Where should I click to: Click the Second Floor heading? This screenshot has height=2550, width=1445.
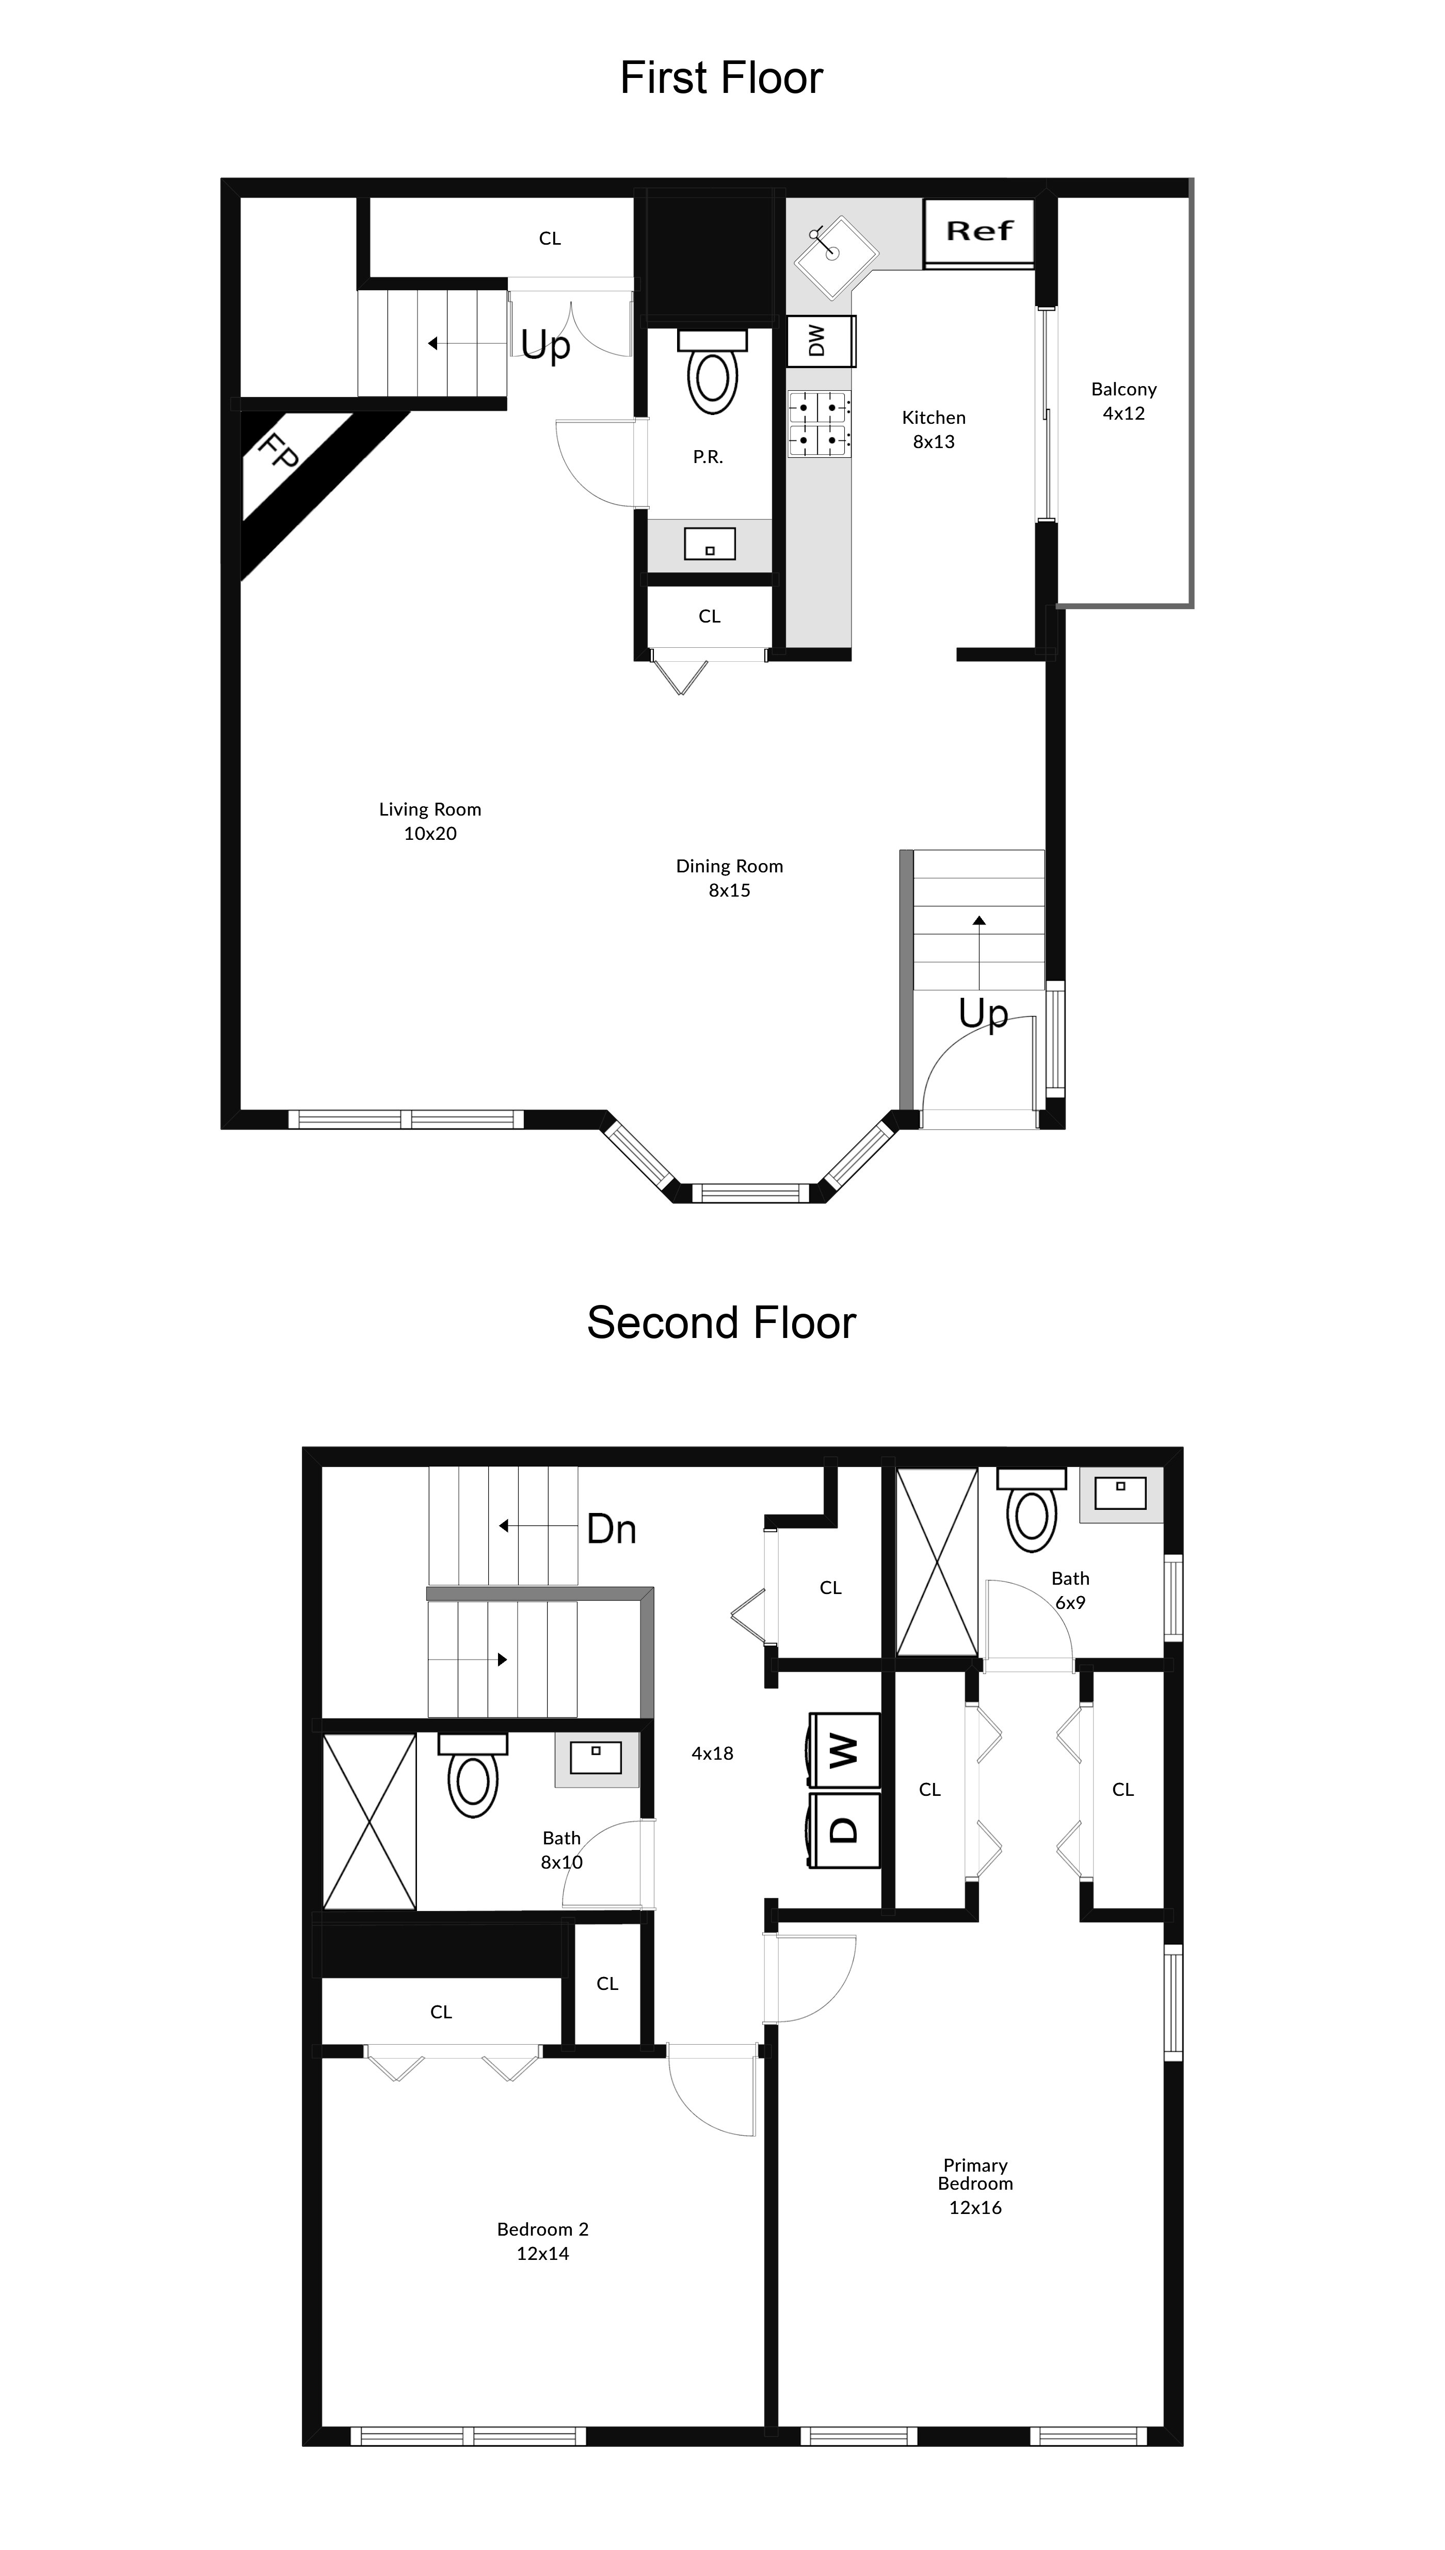click(721, 1323)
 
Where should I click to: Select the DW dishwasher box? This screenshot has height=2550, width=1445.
click(820, 341)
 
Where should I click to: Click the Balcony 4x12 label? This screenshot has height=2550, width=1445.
click(1123, 401)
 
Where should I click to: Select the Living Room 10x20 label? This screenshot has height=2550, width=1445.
click(430, 821)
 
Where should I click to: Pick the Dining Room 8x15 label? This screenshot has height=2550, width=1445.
click(729, 878)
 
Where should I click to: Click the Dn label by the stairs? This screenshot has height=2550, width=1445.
click(612, 1529)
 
